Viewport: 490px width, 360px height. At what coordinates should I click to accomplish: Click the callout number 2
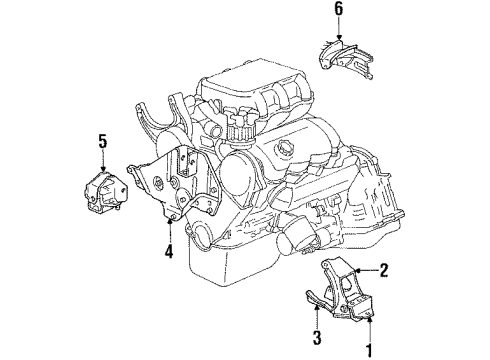(385, 269)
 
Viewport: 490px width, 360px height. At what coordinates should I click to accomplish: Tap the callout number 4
(169, 253)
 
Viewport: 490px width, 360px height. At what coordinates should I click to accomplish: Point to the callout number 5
(101, 141)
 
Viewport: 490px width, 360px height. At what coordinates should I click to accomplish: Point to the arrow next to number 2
(362, 269)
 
